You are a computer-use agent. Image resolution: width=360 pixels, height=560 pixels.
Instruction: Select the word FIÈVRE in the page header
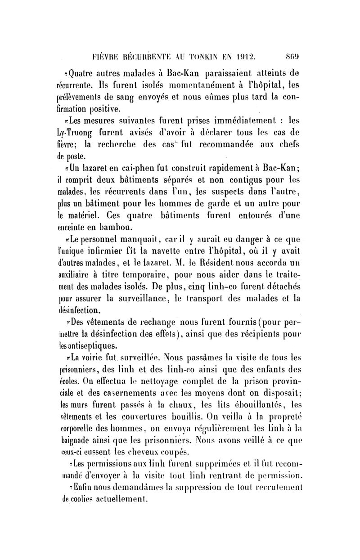[103, 57]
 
